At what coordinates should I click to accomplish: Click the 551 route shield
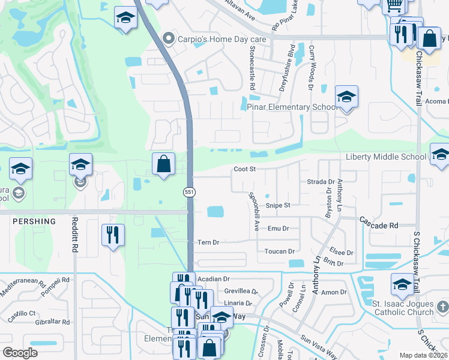tap(188, 191)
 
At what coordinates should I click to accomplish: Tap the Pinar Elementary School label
tap(292, 107)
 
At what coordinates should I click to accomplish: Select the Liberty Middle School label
tap(386, 157)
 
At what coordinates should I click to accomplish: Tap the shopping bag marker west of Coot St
tap(163, 164)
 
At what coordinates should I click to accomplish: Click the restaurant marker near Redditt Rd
tap(112, 235)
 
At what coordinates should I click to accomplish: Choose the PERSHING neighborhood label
tap(34, 221)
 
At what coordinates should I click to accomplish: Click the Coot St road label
tap(245, 169)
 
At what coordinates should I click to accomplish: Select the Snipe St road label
tap(278, 205)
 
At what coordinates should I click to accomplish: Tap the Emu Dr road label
tap(279, 229)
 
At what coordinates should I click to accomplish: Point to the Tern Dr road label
tap(208, 242)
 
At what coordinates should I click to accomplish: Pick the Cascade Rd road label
tap(379, 226)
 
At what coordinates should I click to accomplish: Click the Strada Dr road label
tap(321, 181)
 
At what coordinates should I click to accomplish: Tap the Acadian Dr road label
tap(214, 279)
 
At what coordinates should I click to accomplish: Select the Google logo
tap(20, 353)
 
